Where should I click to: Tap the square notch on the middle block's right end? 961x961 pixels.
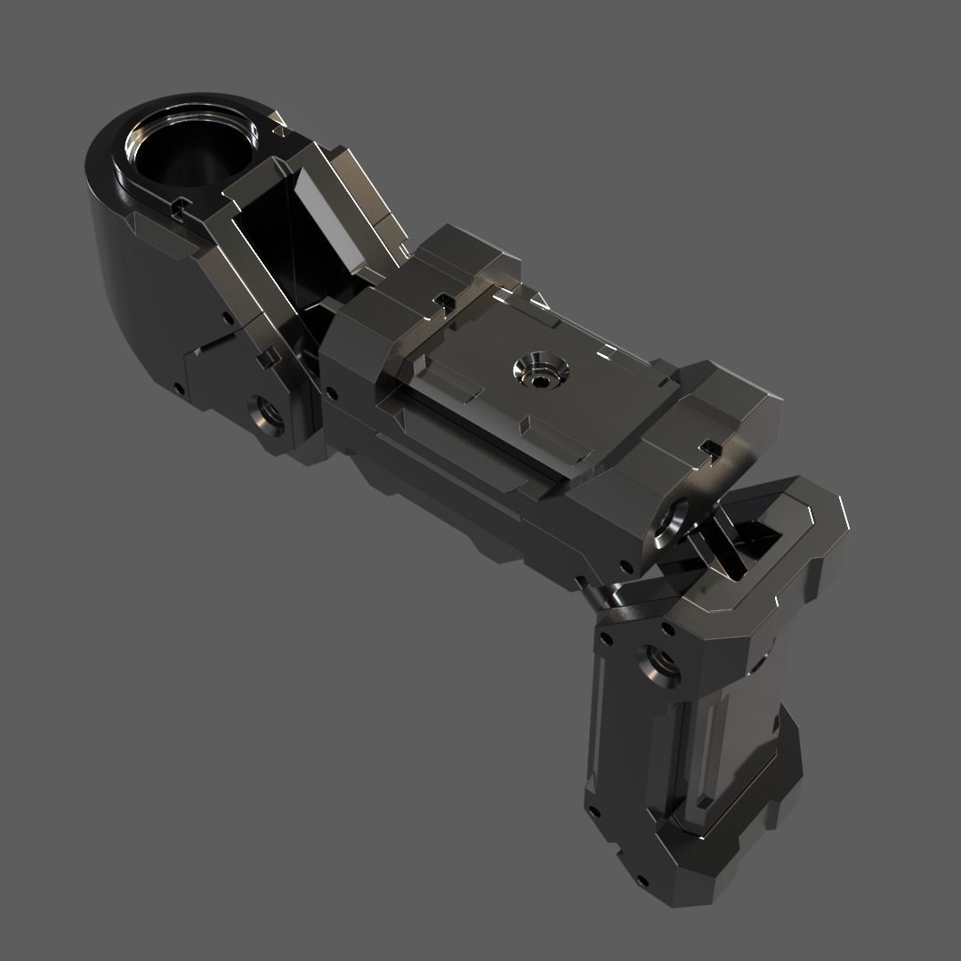(x=709, y=445)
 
